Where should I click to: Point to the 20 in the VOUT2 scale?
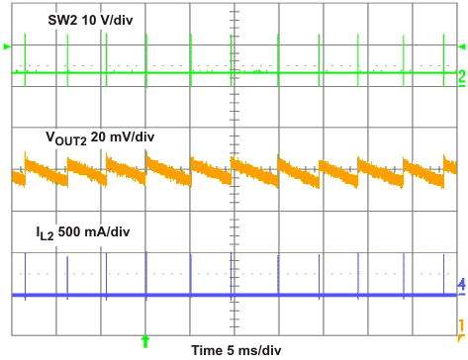100,137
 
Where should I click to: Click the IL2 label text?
49,234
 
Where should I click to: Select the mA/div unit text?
116,233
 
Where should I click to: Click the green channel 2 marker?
461,75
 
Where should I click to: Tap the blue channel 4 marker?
461,285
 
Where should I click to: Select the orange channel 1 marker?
461,324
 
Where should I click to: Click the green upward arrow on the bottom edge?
146,340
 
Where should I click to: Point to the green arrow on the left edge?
7,46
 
